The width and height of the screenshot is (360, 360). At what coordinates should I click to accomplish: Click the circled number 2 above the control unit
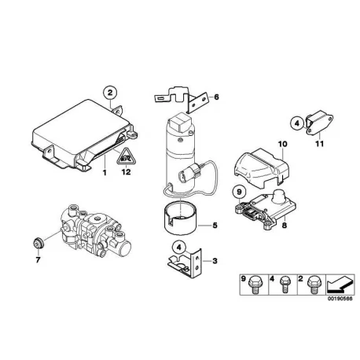pyautogui.click(x=110, y=93)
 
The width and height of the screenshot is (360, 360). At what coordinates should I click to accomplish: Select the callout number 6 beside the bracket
pyautogui.click(x=216, y=97)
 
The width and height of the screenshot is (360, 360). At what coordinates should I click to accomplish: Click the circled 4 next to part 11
pyautogui.click(x=297, y=123)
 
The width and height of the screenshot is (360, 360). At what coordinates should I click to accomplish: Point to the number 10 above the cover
pyautogui.click(x=283, y=144)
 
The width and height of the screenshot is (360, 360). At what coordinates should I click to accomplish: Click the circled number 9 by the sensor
pyautogui.click(x=240, y=192)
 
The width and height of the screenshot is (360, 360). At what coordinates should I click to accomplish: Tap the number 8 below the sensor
pyautogui.click(x=285, y=225)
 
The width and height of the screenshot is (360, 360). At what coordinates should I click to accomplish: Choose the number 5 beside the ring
pyautogui.click(x=215, y=225)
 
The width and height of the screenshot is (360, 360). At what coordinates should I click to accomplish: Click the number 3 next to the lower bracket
pyautogui.click(x=215, y=261)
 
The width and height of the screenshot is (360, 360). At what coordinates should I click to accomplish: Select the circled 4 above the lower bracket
pyautogui.click(x=179, y=247)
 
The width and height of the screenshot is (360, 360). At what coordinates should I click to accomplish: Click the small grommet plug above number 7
pyautogui.click(x=39, y=244)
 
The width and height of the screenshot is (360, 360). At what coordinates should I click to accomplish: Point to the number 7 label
pyautogui.click(x=38, y=260)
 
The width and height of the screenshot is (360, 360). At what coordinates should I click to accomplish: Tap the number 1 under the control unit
pyautogui.click(x=105, y=173)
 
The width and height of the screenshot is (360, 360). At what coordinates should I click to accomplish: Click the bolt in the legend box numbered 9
pyautogui.click(x=255, y=285)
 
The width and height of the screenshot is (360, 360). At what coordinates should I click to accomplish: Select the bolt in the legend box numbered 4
pyautogui.click(x=285, y=285)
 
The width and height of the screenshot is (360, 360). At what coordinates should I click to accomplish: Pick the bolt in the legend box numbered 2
pyautogui.click(x=313, y=285)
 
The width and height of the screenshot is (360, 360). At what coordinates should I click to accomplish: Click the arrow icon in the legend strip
pyautogui.click(x=340, y=285)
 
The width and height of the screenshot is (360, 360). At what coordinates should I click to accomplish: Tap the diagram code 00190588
pyautogui.click(x=340, y=299)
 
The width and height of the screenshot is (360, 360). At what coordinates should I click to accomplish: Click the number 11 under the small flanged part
pyautogui.click(x=319, y=144)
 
